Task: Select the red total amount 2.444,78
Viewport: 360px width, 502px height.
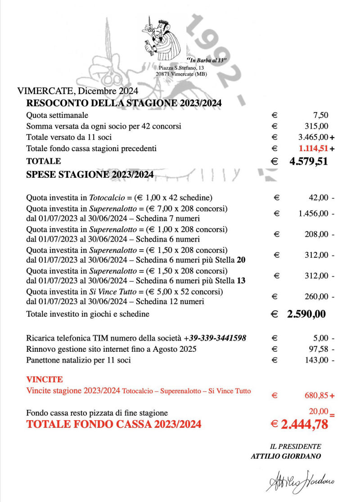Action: [x=304, y=424]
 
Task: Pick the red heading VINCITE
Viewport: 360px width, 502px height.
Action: [x=45, y=380]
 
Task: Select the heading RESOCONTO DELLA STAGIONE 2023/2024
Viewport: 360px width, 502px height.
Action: [x=124, y=103]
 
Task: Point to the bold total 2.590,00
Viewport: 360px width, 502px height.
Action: [x=306, y=314]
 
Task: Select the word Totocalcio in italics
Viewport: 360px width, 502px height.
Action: [x=106, y=197]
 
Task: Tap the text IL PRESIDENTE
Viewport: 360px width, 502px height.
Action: [x=295, y=447]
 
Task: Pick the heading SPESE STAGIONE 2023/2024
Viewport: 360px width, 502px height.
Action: [x=90, y=175]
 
